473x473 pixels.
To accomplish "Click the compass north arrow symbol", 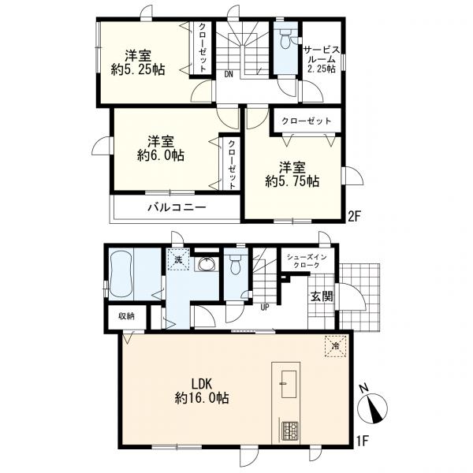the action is tap(373, 406).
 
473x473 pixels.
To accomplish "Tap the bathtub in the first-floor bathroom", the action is tap(121, 274).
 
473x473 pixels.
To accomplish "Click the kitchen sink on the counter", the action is tap(289, 384).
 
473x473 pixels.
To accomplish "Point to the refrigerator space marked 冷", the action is tap(335, 346).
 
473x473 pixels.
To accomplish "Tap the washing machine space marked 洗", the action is tap(179, 259).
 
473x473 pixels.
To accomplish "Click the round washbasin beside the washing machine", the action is tap(207, 265).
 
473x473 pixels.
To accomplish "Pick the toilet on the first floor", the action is tap(235, 265).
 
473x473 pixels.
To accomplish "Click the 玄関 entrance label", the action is tap(322, 296).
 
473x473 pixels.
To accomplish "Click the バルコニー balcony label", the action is tap(177, 207).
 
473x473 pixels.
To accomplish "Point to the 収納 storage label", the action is tap(126, 316).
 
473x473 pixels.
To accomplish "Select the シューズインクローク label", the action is tap(307, 261).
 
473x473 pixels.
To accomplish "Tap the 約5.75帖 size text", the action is tap(292, 181).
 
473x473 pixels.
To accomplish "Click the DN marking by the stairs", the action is tap(229, 75).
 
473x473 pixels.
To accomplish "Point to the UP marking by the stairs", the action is tap(265, 307).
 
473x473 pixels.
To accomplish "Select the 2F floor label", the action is tap(354, 217).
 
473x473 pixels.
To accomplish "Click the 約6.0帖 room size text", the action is tap(161, 155).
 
